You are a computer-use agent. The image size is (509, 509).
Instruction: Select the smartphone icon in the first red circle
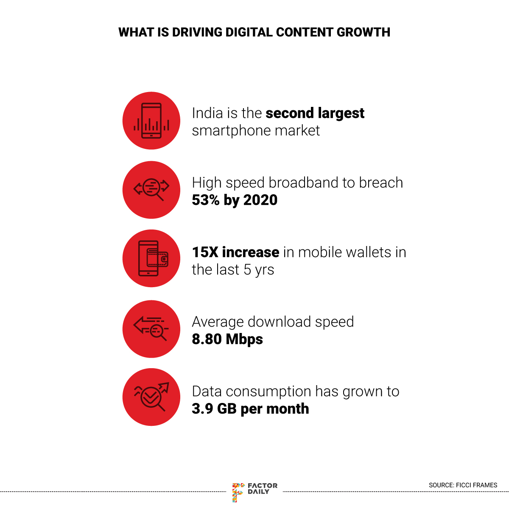point(151,121)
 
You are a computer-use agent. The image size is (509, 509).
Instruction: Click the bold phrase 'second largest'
point(315,113)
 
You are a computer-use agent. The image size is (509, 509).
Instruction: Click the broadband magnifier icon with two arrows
point(151,190)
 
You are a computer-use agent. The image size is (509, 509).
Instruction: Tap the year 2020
point(260,200)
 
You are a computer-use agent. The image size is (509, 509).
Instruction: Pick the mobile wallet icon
point(153,258)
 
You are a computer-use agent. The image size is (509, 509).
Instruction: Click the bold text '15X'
point(205,252)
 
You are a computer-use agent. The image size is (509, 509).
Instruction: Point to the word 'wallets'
point(369,252)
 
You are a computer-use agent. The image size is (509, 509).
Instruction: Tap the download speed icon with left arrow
point(151,328)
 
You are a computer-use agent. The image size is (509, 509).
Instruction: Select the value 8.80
point(207,339)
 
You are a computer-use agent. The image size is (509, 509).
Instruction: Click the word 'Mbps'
point(245,339)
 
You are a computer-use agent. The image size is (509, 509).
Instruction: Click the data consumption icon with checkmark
point(151,397)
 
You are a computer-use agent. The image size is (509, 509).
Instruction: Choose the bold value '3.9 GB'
point(214,409)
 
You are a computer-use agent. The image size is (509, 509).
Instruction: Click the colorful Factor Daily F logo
point(238,492)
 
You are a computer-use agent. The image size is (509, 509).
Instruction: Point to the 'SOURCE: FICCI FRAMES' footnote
point(463,485)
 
